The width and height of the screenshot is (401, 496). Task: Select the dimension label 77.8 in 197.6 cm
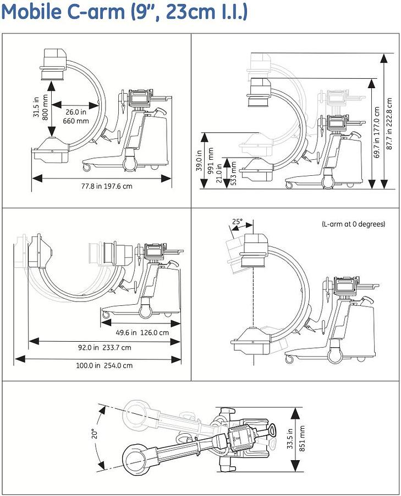click(x=102, y=186)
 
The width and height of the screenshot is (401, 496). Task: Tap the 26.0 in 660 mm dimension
click(x=75, y=116)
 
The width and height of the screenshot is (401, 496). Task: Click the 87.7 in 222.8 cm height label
click(x=389, y=123)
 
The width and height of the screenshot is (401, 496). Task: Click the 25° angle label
click(x=237, y=222)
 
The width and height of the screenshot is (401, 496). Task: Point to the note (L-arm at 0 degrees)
click(x=353, y=224)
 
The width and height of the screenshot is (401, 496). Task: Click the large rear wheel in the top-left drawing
click(x=130, y=164)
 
